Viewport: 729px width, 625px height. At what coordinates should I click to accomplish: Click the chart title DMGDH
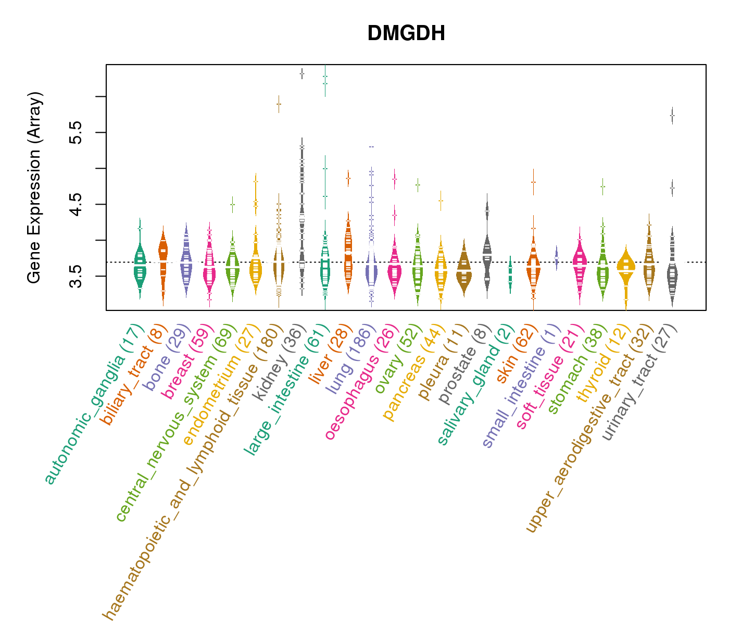point(406,34)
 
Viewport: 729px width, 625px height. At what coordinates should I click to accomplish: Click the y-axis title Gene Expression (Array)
point(34,187)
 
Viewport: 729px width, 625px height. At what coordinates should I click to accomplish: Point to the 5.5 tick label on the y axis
point(76,132)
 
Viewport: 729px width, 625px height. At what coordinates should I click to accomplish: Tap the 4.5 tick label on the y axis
point(76,204)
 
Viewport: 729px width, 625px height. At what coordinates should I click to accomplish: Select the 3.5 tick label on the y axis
point(76,276)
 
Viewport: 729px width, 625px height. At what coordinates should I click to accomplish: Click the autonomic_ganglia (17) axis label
point(92,404)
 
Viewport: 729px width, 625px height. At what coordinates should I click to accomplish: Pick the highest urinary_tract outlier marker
point(672,115)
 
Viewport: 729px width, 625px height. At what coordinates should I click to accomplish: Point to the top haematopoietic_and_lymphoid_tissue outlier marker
point(279,104)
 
